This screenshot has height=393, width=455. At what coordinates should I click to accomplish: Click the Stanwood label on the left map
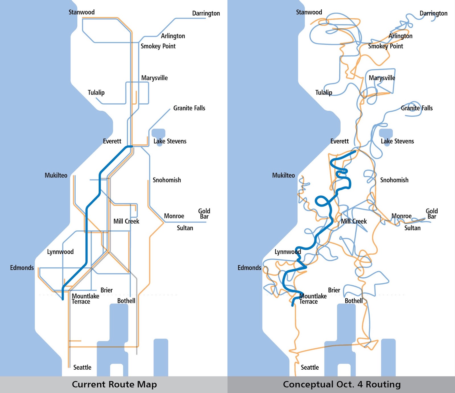pyautogui.click(x=82, y=12)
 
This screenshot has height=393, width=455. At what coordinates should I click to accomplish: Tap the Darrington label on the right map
pyautogui.click(x=433, y=13)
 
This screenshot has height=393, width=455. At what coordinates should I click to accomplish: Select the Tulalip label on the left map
pyautogui.click(x=96, y=93)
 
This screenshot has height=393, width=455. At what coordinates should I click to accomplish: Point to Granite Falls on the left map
pyautogui.click(x=189, y=108)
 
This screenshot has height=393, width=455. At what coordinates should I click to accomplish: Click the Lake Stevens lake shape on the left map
pyautogui.click(x=159, y=133)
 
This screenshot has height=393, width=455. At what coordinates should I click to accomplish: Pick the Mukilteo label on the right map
pyautogui.click(x=284, y=175)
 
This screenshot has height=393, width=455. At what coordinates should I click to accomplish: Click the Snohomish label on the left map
pyautogui.click(x=167, y=180)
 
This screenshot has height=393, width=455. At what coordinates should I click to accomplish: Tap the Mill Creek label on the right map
pyautogui.click(x=354, y=221)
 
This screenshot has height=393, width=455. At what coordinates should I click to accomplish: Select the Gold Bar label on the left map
pyautogui.click(x=204, y=214)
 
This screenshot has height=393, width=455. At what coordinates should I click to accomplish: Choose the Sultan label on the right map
pyautogui.click(x=412, y=228)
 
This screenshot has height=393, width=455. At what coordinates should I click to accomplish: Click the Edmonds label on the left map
pyautogui.click(x=22, y=268)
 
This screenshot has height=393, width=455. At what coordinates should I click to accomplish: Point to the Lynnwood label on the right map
pyautogui.click(x=288, y=252)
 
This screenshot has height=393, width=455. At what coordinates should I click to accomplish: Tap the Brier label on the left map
pyautogui.click(x=107, y=290)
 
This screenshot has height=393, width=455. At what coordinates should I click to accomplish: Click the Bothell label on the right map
pyautogui.click(x=354, y=301)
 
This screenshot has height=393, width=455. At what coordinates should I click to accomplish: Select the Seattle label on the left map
pyautogui.click(x=82, y=367)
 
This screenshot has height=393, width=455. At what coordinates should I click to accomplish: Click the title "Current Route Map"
pyautogui.click(x=114, y=384)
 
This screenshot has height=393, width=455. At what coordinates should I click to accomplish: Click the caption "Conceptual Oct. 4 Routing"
pyautogui.click(x=342, y=384)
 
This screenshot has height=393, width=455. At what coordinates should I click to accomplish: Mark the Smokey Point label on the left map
pyautogui.click(x=158, y=46)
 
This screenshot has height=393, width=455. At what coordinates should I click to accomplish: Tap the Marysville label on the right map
pyautogui.click(x=382, y=78)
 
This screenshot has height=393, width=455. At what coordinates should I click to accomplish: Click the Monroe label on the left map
pyautogui.click(x=174, y=216)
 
